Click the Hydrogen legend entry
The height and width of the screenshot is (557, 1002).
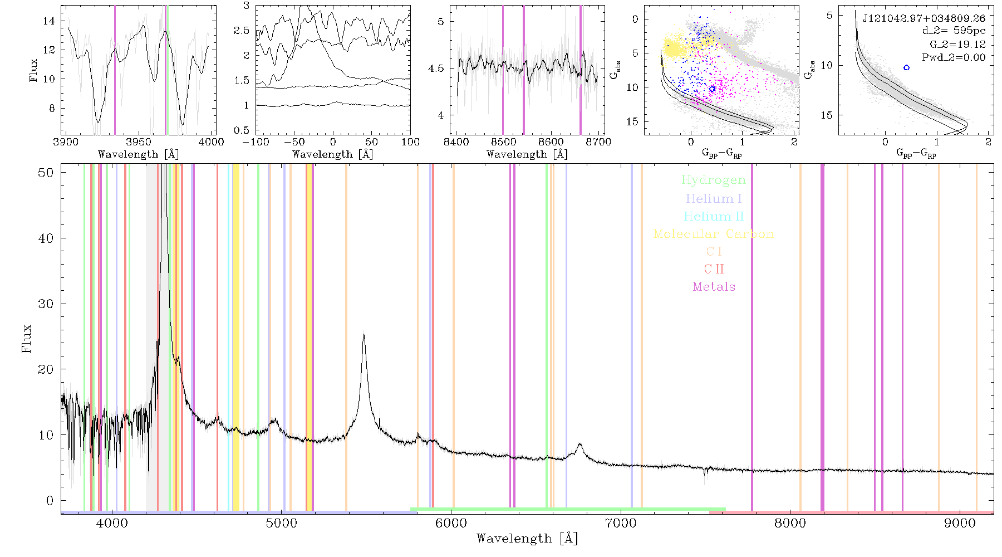[714, 180]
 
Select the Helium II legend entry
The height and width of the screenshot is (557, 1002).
[714, 216]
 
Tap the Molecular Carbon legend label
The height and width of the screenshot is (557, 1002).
[714, 234]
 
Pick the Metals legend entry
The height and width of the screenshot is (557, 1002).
[714, 287]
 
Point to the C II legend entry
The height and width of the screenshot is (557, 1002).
[714, 269]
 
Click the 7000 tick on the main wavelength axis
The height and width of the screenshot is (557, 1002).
[621, 524]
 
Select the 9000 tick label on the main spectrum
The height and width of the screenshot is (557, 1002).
[960, 524]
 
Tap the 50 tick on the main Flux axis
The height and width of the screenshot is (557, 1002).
[46, 173]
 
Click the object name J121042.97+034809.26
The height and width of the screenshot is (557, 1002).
[924, 18]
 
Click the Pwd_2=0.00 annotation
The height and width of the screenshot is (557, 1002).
[954, 57]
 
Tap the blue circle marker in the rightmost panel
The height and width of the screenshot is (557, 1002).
[906, 67]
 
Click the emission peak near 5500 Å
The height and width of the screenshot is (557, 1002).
[364, 335]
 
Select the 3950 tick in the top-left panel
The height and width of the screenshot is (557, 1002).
[139, 141]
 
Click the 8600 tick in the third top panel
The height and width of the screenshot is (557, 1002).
[551, 141]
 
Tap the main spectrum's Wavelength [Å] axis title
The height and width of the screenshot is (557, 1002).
[527, 539]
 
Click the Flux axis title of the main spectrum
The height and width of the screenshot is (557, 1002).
[26, 339]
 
